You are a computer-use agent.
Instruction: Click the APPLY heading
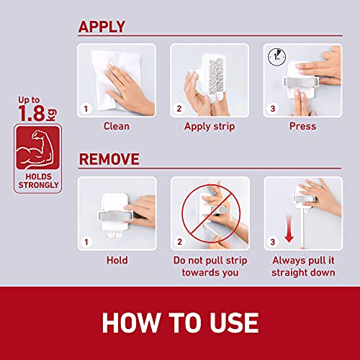click(x=102, y=27)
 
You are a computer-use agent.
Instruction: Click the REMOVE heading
click(x=109, y=158)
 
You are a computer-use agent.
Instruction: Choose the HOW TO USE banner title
click(x=180, y=322)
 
